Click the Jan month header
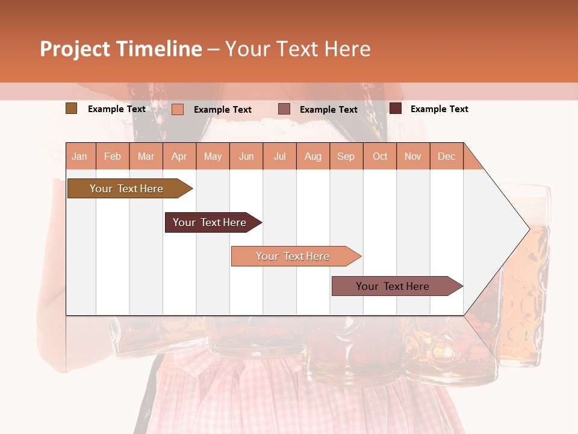coord(80,156)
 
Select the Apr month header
coord(179,156)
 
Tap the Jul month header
coord(279,156)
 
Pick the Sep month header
coord(346,156)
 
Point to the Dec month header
coord(446,156)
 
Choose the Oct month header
coord(380,156)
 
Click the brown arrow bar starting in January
coord(127,189)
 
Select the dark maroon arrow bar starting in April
coord(210,222)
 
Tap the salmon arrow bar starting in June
coord(293,256)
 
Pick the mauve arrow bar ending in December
coord(393,286)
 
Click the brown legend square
coord(71,108)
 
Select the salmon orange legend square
coord(178,109)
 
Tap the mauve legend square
coord(284,109)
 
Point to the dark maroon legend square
coord(396,108)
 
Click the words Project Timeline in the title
coord(121,49)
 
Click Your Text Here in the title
coord(297,49)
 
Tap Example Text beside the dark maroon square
coord(439,109)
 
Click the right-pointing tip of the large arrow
coord(527,228)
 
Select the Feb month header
coord(113,156)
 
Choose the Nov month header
coord(413,156)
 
